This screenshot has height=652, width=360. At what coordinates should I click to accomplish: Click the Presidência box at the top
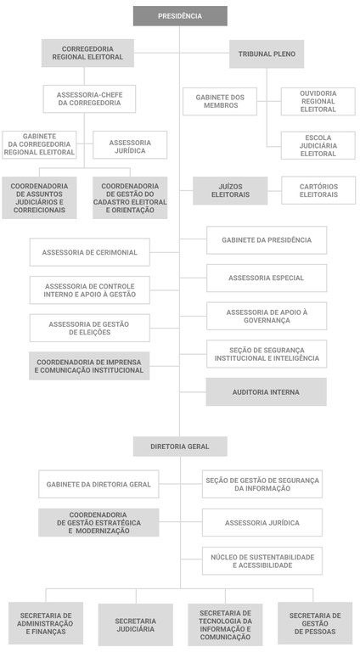[x=180, y=16]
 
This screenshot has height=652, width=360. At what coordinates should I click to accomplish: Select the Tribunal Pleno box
[x=267, y=53]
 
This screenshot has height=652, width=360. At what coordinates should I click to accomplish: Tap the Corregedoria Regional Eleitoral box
[x=87, y=53]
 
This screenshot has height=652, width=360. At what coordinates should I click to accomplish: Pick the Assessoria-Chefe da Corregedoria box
[x=89, y=99]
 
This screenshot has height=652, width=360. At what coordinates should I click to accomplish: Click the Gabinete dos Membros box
[x=220, y=102]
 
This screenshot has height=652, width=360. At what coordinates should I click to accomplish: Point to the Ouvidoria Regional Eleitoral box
[x=318, y=102]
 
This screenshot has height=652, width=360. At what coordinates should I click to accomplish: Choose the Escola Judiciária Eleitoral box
[x=318, y=145]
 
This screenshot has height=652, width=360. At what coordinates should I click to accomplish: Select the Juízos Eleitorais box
[x=230, y=190]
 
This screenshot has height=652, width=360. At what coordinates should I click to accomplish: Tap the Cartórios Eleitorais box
[x=318, y=190]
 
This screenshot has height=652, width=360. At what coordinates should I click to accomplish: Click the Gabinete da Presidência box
[x=267, y=240]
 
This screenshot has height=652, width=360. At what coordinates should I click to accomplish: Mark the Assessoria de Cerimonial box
[x=89, y=252]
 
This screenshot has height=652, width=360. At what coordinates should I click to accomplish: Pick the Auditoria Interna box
[x=266, y=391]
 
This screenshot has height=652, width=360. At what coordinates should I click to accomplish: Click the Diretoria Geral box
[x=180, y=447]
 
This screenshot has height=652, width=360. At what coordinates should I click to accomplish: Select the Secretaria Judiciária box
[x=136, y=625]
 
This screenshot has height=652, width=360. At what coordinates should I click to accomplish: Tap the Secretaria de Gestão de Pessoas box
[x=315, y=623]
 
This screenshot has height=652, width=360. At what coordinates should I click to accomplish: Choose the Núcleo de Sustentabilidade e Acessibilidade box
[x=262, y=561]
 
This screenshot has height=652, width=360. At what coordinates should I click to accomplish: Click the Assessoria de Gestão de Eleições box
[x=89, y=328]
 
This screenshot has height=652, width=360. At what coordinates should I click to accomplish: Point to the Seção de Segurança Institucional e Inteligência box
[x=267, y=354]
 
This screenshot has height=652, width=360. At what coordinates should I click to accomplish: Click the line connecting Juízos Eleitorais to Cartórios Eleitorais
[x=274, y=191]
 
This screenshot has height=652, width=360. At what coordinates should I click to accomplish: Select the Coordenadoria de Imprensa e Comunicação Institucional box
[x=89, y=366]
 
